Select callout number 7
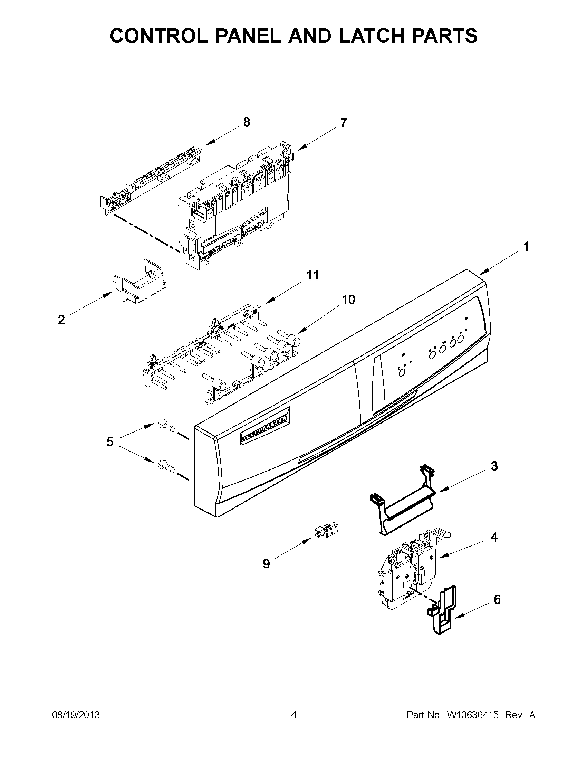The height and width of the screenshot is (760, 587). [343, 123]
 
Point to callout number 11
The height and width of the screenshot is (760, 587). [312, 275]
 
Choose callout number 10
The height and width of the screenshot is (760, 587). [348, 299]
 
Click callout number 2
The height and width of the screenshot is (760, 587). [61, 320]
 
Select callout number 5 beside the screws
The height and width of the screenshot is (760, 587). [109, 442]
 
